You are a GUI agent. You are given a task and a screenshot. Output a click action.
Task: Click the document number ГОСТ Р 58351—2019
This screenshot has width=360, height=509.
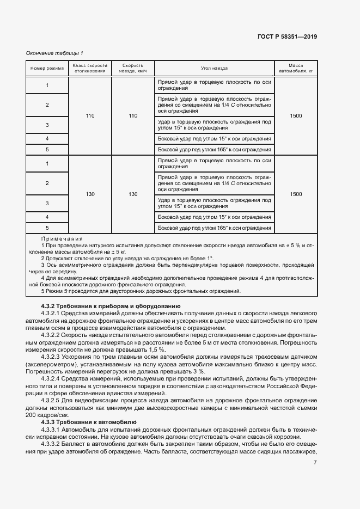click(287, 37)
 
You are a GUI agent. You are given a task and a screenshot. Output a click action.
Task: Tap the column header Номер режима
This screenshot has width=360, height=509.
click(47, 69)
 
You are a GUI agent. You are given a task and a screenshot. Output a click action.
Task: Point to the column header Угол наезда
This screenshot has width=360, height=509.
click(214, 69)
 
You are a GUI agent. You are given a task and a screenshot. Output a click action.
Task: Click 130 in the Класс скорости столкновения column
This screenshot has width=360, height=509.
click(90, 194)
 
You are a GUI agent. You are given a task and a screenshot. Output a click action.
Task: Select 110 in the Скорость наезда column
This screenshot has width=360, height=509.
click(133, 116)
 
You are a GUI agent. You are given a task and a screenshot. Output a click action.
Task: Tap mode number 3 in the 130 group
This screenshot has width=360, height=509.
click(47, 203)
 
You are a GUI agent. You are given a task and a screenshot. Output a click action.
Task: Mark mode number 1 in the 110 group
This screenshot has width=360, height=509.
click(47, 85)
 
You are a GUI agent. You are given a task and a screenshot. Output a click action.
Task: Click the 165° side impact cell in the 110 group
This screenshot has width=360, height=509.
click(214, 149)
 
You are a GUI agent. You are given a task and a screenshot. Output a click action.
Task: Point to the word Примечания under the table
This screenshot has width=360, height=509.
click(62, 239)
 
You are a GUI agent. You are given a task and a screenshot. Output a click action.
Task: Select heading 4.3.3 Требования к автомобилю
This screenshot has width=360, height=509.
click(88, 422)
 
